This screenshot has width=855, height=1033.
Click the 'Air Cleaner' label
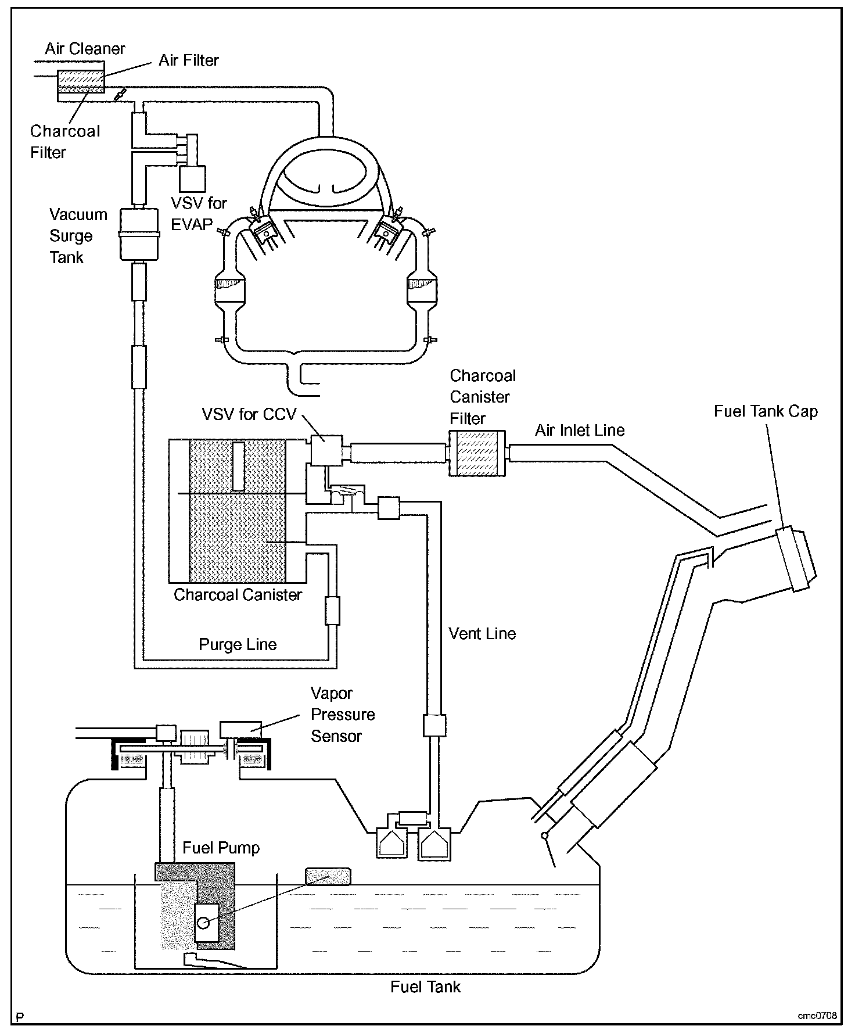(x=85, y=49)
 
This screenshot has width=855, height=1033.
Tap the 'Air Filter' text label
(x=189, y=60)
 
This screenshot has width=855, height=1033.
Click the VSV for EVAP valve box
(x=192, y=178)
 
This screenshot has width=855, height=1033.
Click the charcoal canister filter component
(x=477, y=453)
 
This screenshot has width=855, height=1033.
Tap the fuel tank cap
(x=796, y=559)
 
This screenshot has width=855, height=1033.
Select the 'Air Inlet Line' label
(x=580, y=431)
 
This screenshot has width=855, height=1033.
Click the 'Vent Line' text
(x=482, y=633)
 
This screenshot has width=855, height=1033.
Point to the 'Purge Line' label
(x=238, y=644)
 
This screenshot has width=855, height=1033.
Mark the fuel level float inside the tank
(x=328, y=876)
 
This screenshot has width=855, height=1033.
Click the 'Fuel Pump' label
(x=221, y=848)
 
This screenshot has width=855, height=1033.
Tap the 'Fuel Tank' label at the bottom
(x=425, y=987)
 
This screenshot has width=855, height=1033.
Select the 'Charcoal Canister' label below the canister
(x=238, y=595)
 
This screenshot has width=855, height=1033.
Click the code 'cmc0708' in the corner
(x=817, y=1016)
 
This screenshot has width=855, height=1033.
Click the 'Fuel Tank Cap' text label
(x=766, y=411)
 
